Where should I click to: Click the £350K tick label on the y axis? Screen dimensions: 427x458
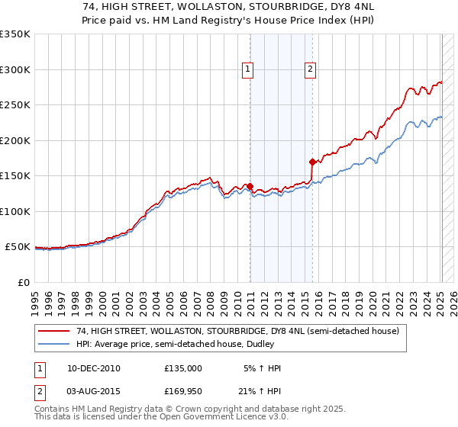(x=15, y=34)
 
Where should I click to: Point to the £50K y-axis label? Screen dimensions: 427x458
(x=18, y=247)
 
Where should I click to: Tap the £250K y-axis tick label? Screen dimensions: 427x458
(x=15, y=105)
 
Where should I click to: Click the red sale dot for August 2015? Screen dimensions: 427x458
(x=312, y=162)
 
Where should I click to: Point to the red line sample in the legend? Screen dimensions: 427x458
(x=55, y=332)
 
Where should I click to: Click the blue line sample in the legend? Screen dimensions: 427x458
(x=55, y=345)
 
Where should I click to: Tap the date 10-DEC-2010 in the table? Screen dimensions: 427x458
(x=93, y=368)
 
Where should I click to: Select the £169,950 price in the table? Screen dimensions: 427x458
(x=183, y=390)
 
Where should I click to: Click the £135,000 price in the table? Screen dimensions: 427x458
(x=183, y=368)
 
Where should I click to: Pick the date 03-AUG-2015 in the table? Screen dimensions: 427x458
(x=93, y=390)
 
